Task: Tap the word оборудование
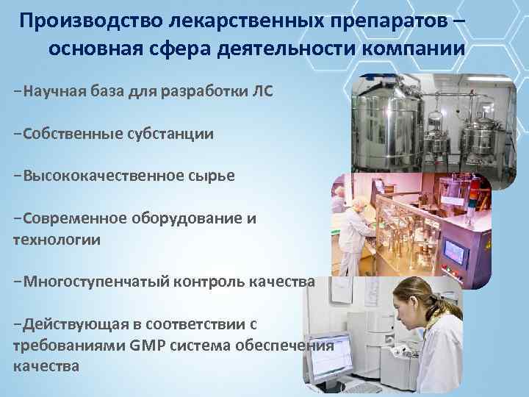click(187, 218)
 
